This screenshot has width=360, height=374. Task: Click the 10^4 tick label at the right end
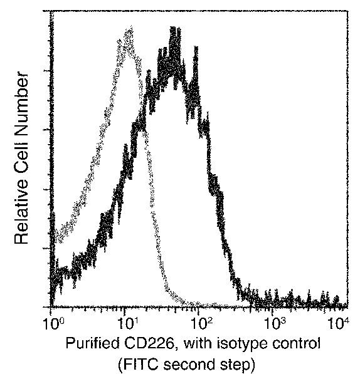(x=339, y=325)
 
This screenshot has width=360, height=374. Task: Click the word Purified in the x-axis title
(x=90, y=344)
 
